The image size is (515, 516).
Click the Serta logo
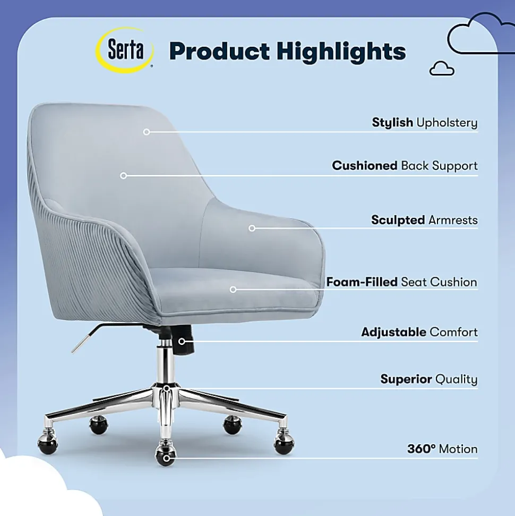[125, 50]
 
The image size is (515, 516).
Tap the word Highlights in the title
[341, 52]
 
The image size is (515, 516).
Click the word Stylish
[392, 122]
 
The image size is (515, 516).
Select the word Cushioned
[365, 165]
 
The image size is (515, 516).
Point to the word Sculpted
[398, 220]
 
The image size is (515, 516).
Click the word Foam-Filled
[362, 282]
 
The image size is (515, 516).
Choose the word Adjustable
[393, 332]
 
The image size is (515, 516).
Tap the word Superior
[406, 379]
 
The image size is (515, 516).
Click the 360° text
[421, 449]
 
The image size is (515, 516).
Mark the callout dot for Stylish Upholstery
[147, 132]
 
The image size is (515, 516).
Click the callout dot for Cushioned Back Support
[123, 176]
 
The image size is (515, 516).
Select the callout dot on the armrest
[252, 228]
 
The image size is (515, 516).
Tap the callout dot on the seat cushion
[233, 290]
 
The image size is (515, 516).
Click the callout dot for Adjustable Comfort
[182, 342]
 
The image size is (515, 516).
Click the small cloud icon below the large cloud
[442, 69]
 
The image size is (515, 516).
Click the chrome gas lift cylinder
[166, 365]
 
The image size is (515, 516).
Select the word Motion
[458, 449]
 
